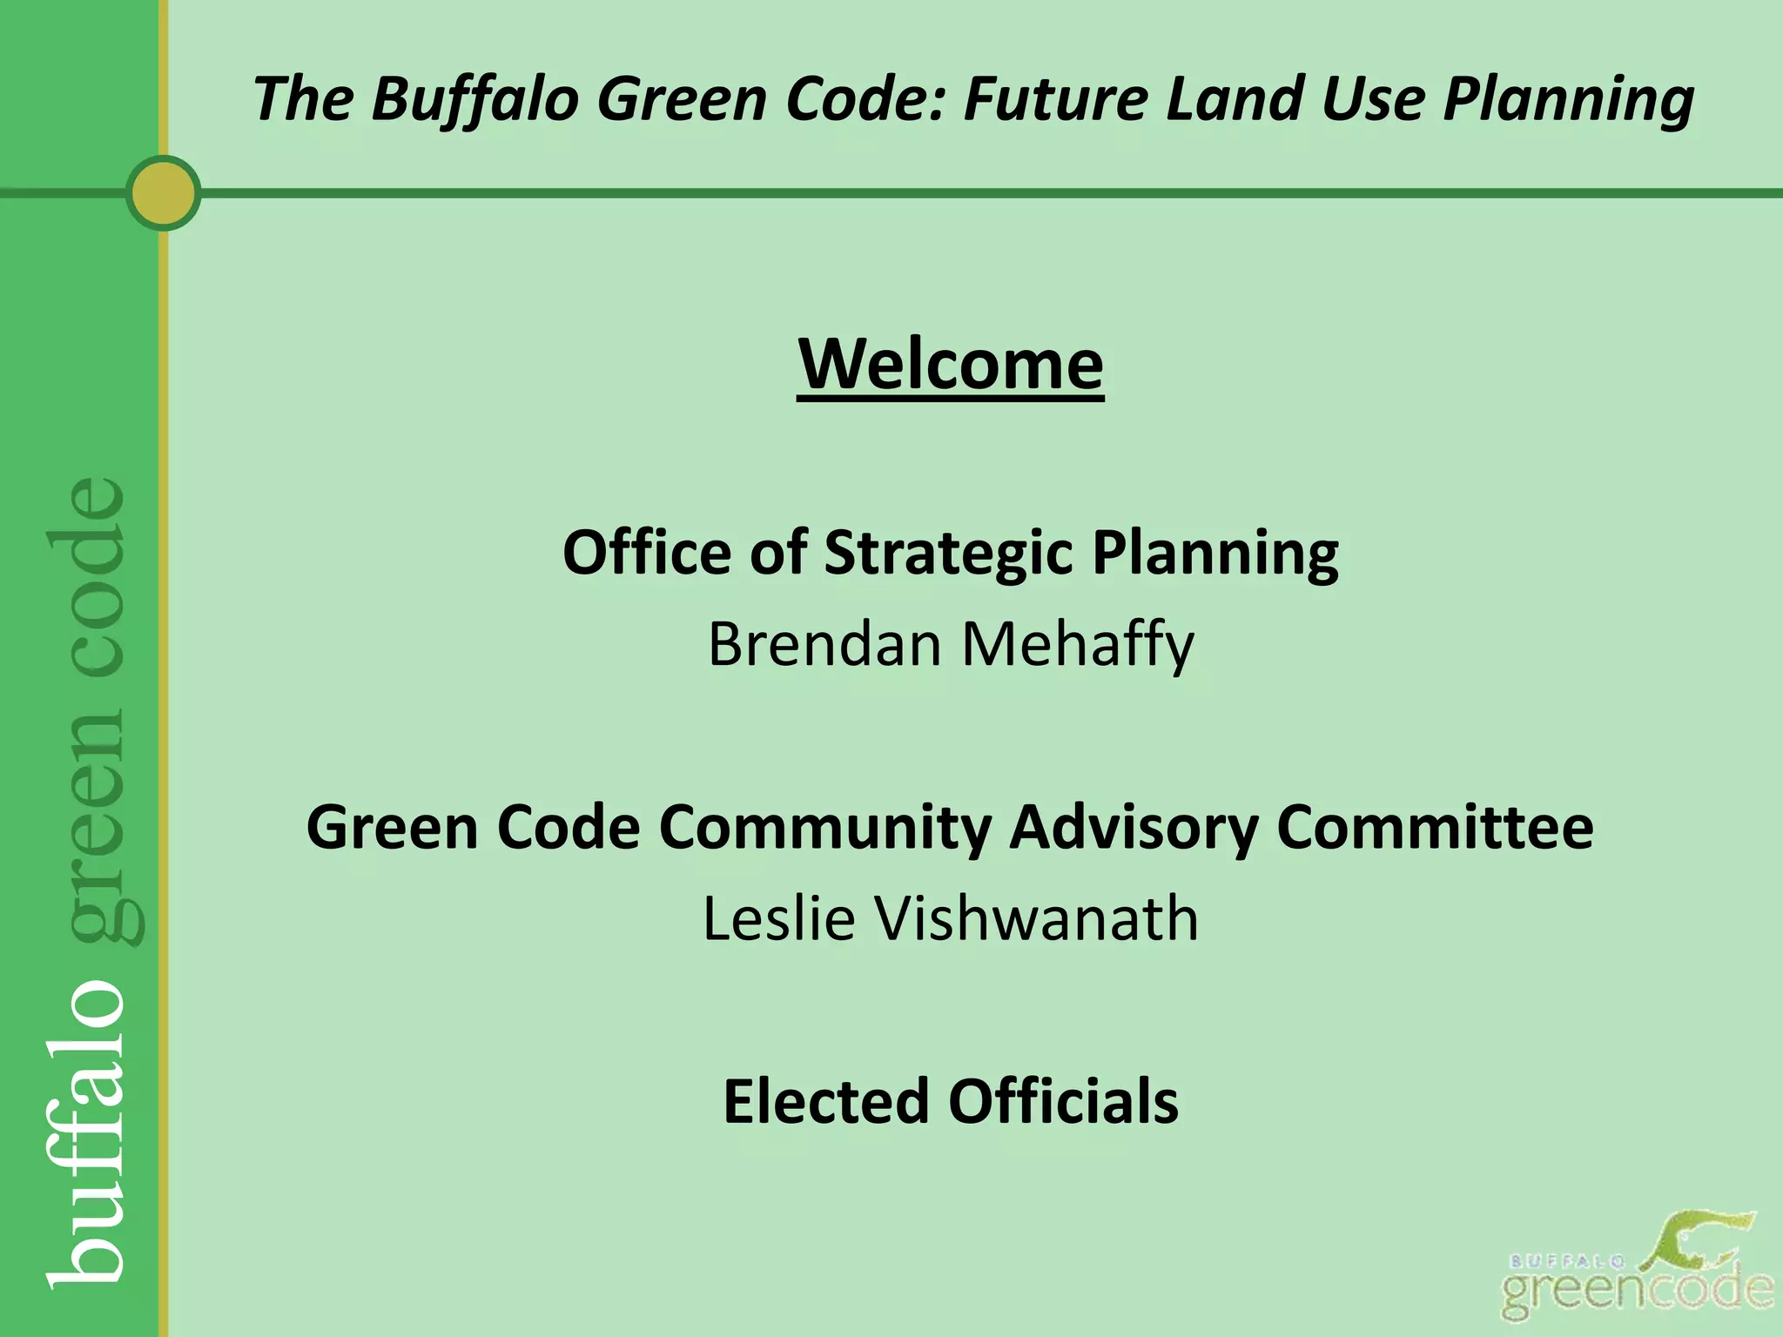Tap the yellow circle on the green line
pos(163,193)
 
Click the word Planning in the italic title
pos(1568,99)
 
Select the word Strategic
pos(949,554)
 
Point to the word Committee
pos(1434,826)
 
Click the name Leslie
pos(778,918)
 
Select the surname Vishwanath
pos(1036,918)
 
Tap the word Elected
pos(826,1101)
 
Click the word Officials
pos(1063,1101)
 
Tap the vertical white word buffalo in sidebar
pos(87,1132)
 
